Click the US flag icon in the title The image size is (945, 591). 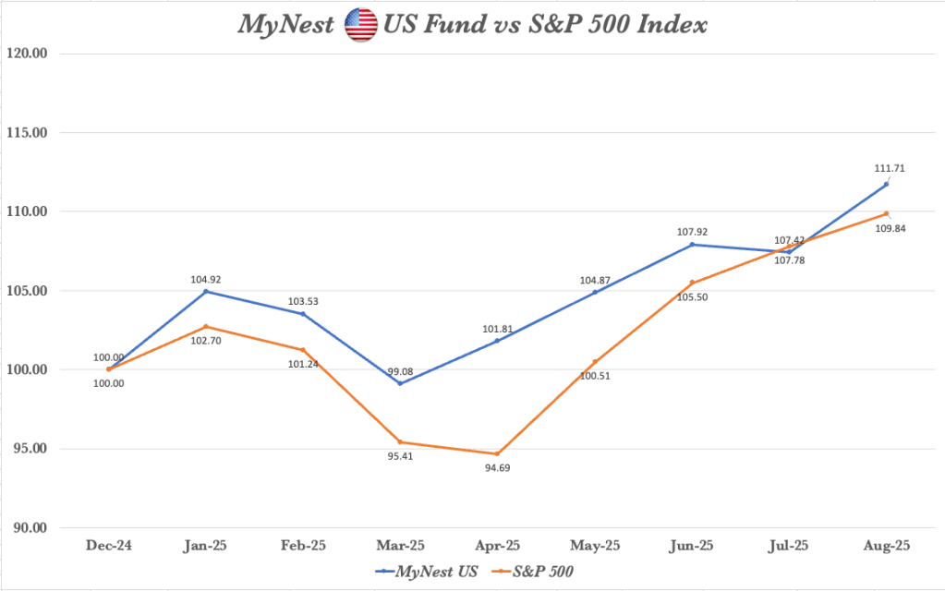point(360,25)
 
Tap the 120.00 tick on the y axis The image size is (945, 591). point(28,54)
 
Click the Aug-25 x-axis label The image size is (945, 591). point(886,547)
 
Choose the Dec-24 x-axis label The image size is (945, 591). point(108,547)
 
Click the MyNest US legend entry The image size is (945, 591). point(426,572)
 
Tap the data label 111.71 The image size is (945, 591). point(886,168)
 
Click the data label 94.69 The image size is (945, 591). point(497,468)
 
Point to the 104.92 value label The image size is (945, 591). point(206,276)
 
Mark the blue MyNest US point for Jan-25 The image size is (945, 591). point(206,292)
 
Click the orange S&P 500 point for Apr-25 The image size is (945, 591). point(497,453)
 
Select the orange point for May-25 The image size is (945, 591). point(595,362)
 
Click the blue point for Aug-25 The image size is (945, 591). point(886,185)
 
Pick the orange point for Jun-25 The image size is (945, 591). point(692,283)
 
